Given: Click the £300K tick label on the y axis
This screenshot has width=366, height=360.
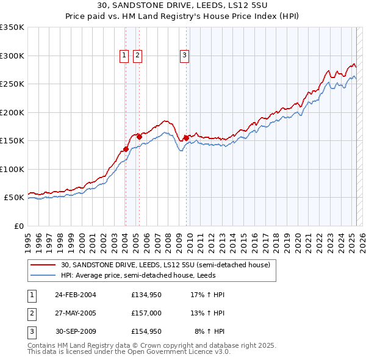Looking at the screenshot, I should (12, 56).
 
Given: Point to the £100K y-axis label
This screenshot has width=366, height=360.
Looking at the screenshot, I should (12, 169).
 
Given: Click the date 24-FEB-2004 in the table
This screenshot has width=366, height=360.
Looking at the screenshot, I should (76, 295).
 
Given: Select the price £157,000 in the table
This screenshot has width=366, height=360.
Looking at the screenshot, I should (146, 313).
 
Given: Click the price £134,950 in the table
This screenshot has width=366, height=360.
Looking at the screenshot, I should (146, 295).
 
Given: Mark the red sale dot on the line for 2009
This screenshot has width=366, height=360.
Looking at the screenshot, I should (186, 138).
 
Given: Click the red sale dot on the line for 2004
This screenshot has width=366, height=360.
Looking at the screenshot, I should (126, 149).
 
